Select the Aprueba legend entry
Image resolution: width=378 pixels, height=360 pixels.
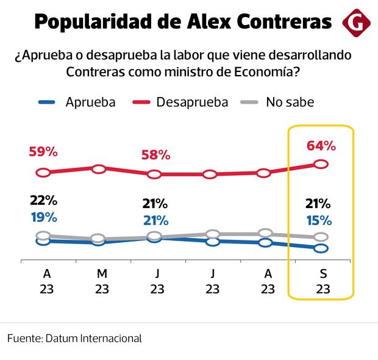90,102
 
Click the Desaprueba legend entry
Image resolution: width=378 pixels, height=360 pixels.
191,102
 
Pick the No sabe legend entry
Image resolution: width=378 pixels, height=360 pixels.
289,102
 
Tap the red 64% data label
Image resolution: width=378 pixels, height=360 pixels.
321,146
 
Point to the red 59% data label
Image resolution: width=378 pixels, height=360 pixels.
43,153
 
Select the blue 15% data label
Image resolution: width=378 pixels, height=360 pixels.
319,220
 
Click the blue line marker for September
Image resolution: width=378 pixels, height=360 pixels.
321,248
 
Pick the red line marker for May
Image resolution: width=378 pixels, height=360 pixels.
99,168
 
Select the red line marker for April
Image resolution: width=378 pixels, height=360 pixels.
43,173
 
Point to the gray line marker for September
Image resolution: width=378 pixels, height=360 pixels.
321,237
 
